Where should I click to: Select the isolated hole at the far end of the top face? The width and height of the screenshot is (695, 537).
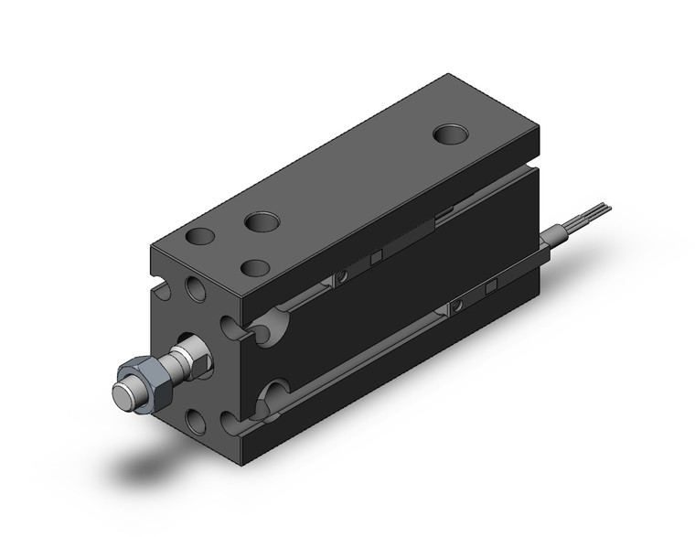(449, 135)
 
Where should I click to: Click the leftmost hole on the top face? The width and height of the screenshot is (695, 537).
(198, 237)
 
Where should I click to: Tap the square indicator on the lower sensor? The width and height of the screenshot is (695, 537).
(491, 287)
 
